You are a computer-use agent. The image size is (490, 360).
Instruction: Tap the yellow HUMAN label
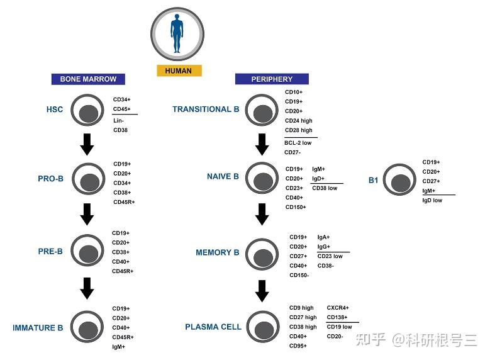click(179, 70)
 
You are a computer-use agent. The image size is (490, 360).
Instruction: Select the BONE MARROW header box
click(88, 79)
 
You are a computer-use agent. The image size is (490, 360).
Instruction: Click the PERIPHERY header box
click(272, 79)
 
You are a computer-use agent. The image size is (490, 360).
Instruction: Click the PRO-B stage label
click(50, 179)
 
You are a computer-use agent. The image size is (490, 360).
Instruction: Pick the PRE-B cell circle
click(89, 252)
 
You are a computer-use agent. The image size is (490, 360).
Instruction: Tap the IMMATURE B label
click(38, 328)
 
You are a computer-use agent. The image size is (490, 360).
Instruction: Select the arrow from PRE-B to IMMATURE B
click(88, 289)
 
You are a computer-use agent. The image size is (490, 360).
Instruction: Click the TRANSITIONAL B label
click(206, 110)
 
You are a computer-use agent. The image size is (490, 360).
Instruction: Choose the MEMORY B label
click(218, 253)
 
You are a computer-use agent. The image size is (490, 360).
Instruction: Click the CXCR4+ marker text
click(338, 308)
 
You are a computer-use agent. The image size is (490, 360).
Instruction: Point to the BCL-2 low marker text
click(298, 143)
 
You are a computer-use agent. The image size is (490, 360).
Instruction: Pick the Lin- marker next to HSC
click(119, 120)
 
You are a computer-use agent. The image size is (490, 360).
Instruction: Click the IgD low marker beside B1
click(432, 200)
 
